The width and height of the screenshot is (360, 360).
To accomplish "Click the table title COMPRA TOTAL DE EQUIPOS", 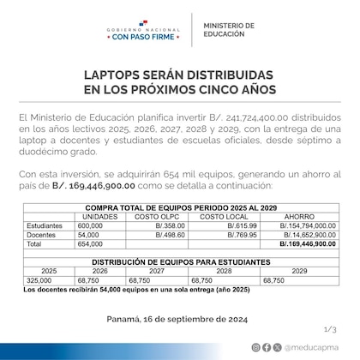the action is coord(179,207).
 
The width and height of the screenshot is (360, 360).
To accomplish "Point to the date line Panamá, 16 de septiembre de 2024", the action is coord(179,316).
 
